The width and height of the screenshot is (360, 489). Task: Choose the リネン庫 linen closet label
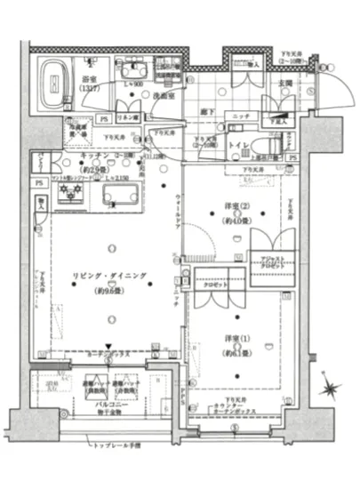pyautogui.click(x=126, y=117)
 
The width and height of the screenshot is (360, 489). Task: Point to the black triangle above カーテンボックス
pyautogui.click(x=108, y=347)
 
